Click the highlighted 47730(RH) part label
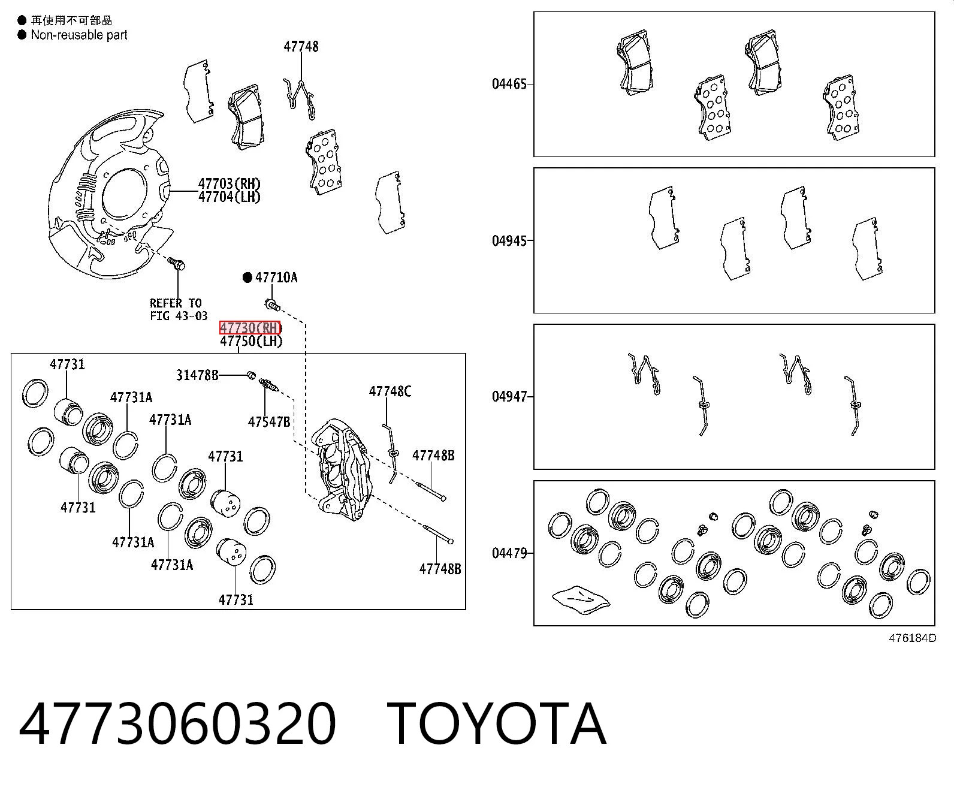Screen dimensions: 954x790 coord(250,328)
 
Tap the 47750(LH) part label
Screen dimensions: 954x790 coord(251,341)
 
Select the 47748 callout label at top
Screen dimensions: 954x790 coord(301,47)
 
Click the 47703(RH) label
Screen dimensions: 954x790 coord(230,184)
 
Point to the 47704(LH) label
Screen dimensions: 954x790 coord(230,197)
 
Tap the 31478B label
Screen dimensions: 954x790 coord(197,375)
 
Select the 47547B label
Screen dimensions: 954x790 coord(269,421)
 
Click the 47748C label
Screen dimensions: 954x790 coord(390,391)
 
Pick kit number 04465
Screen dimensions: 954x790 coord(509,84)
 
